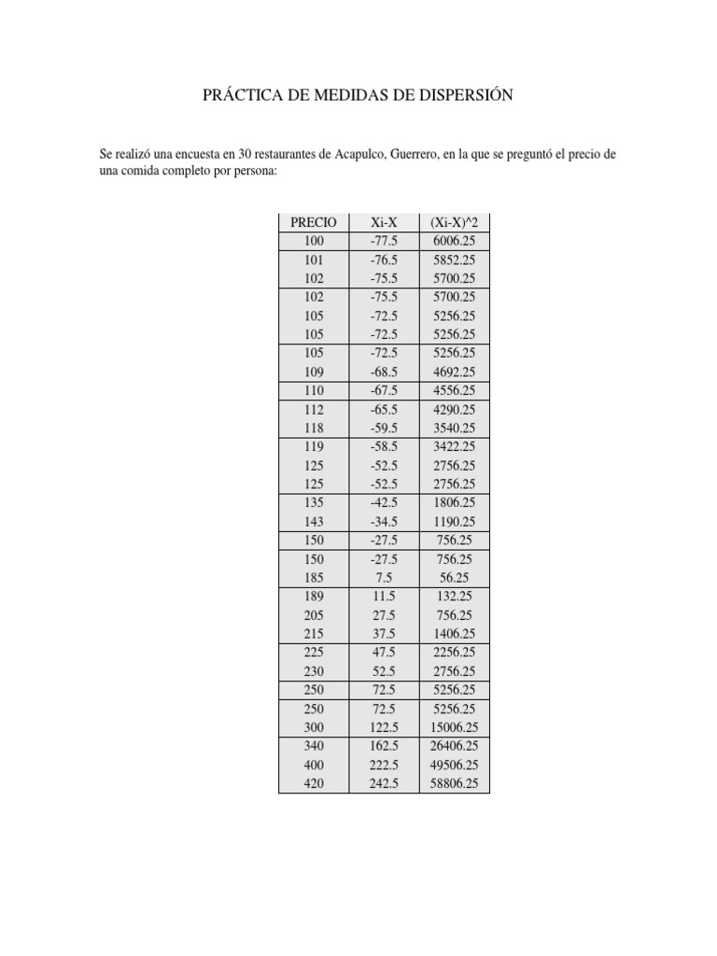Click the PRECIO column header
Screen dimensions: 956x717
[x=314, y=223]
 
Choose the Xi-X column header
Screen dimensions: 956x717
[x=384, y=223]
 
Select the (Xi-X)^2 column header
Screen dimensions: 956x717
[x=454, y=223]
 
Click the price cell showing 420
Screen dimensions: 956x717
[x=314, y=784]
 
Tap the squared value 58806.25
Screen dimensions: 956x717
[x=454, y=784]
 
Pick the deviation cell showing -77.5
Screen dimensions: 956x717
[x=384, y=242]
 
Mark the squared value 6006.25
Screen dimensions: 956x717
[x=456, y=242]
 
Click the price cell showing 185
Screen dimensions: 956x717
[x=314, y=578]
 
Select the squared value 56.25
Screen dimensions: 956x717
[x=456, y=578]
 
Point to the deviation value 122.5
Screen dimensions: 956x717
[x=384, y=727]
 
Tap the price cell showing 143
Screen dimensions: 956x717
[x=314, y=522]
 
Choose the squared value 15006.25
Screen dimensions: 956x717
[x=454, y=727]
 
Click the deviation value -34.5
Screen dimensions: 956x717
[x=384, y=522]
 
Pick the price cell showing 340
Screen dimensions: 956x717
[x=314, y=746]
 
